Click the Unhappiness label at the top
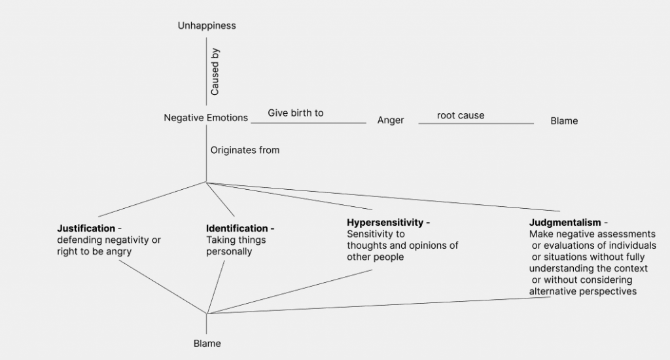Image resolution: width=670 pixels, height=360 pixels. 207,26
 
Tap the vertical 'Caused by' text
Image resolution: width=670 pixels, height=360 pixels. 215,72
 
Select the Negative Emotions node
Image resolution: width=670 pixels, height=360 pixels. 206,118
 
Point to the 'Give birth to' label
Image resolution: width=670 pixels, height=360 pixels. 296,113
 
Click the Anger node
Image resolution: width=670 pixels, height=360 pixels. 391,120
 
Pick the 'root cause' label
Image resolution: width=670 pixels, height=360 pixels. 461,116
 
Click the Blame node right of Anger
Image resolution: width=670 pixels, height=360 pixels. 564,121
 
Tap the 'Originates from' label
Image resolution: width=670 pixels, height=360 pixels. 245,151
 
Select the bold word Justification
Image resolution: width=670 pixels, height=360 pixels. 86,228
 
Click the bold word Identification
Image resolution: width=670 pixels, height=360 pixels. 237,228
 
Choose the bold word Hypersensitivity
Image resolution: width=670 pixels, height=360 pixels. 385,223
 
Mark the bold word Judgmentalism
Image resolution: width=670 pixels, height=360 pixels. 565,223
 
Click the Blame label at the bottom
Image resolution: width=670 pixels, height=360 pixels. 207,344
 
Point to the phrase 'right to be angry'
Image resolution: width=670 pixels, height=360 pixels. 94,251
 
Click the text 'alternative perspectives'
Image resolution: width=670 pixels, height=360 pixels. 582,292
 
